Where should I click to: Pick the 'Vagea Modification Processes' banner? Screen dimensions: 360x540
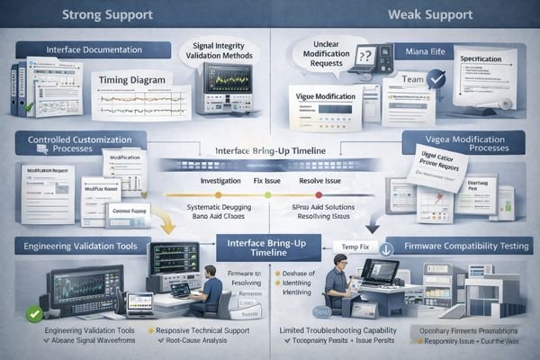click(x=458, y=144)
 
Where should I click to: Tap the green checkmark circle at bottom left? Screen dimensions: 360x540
click(x=34, y=313)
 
